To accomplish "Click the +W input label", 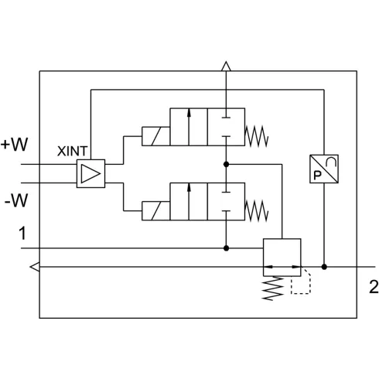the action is point(14,145).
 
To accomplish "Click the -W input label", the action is point(16,200).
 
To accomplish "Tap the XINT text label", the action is point(73,151).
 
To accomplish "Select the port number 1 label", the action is point(22,233).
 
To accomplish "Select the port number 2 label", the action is point(374,287).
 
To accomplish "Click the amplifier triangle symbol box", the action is point(90,173).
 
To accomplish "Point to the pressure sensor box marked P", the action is point(324,169).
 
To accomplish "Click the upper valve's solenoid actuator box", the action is point(155,136).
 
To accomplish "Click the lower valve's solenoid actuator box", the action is point(155,211).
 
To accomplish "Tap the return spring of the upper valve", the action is point(257,136).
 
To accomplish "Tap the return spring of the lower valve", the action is point(257,211).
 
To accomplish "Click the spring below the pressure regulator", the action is point(273,288).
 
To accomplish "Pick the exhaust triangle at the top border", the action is point(226,66).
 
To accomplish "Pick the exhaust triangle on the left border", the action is point(35,267).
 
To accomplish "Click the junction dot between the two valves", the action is point(226,164).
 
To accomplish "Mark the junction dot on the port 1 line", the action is point(226,248).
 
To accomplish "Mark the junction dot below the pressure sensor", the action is point(324,267).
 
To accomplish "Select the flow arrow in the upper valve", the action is point(189,127).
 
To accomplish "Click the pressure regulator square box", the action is point(282,258).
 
